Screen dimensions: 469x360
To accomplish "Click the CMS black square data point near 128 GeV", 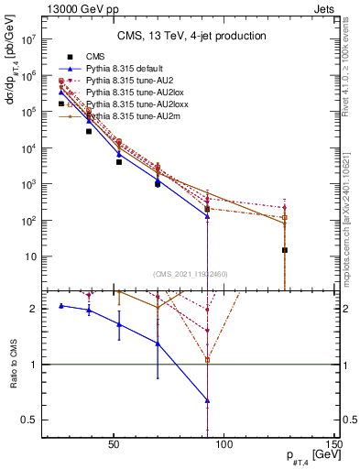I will pyautogui.click(x=285, y=250).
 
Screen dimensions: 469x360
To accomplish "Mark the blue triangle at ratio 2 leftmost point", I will pyautogui.click(x=61, y=305).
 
